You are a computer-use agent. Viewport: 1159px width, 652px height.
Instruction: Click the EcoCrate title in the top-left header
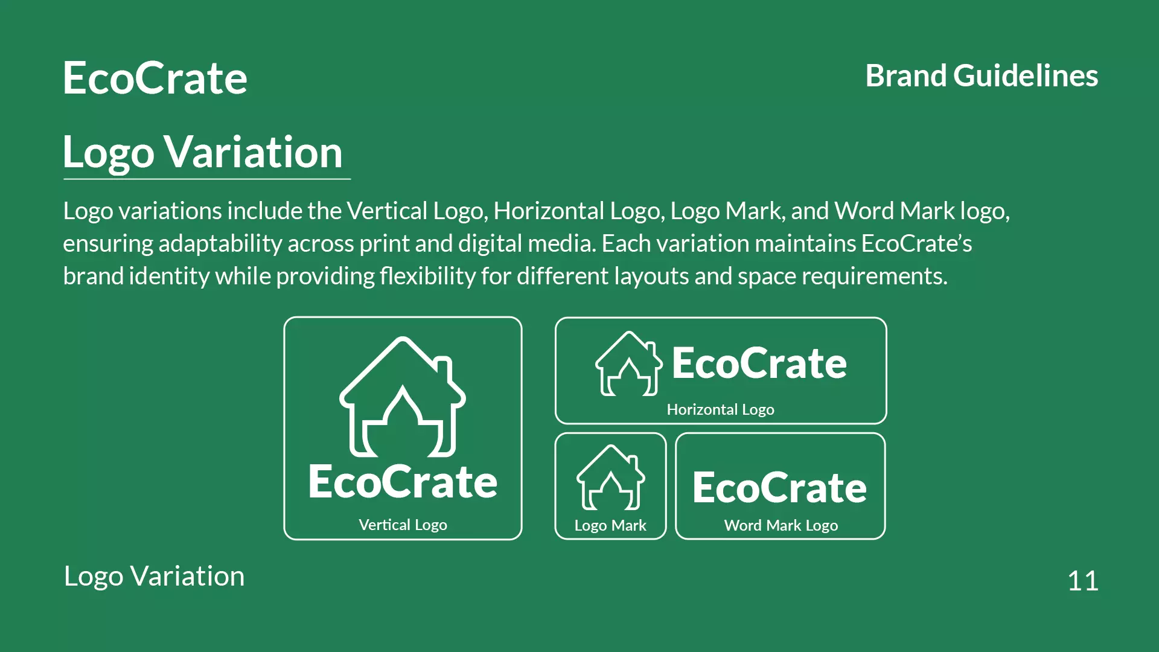[155, 78]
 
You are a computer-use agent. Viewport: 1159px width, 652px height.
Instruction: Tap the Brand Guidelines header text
[982, 76]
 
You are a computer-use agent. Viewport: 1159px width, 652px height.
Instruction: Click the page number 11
[1082, 581]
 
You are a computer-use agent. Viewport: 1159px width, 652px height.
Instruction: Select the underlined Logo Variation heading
[203, 152]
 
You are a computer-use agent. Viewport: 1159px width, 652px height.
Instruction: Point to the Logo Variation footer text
[155, 576]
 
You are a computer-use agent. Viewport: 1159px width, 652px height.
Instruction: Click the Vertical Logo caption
[403, 525]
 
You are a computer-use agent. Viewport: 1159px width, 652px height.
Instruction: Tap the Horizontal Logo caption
[720, 409]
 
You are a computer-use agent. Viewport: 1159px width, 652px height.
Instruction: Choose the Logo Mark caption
[610, 525]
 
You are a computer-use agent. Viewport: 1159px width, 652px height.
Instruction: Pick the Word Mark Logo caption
[781, 525]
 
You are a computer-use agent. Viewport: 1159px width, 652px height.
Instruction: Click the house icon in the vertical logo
[403, 397]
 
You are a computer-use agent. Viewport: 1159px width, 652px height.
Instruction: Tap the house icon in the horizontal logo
[628, 364]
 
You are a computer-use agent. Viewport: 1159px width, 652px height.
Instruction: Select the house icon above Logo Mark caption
[610, 478]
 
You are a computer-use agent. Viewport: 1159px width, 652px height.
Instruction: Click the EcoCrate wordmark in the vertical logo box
[403, 482]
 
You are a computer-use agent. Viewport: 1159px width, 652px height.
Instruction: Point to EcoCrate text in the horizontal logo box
[759, 363]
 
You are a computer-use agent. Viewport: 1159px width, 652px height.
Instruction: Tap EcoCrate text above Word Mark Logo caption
[779, 488]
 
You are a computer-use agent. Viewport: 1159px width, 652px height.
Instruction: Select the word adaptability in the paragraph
[220, 244]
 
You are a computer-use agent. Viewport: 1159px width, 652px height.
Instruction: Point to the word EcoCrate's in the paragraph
[916, 244]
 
